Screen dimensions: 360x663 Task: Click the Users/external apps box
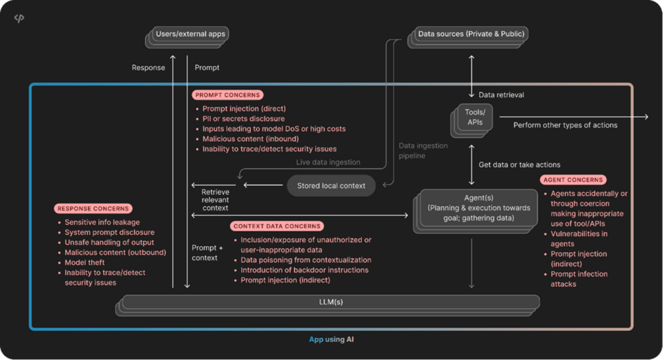[x=191, y=34]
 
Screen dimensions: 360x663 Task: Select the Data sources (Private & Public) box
[x=471, y=34]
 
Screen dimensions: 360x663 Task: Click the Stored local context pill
[x=331, y=186]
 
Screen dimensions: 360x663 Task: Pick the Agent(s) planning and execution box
[x=478, y=208]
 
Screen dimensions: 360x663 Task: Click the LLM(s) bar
[x=330, y=302]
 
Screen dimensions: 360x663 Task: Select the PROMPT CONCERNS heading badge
[x=228, y=95]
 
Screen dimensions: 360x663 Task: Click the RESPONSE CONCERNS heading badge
[x=93, y=208]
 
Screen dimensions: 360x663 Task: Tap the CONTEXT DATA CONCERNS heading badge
[x=277, y=226]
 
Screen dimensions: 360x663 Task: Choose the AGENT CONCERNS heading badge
[x=572, y=179]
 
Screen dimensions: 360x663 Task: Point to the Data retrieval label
[x=501, y=95]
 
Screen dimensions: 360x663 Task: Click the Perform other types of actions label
[x=565, y=125]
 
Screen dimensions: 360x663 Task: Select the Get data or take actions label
[x=519, y=164]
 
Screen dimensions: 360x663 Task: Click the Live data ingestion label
[x=328, y=162]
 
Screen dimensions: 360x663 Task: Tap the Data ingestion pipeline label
[x=423, y=150]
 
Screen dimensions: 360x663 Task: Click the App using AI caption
[x=331, y=339]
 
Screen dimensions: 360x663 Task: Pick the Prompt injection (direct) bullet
[x=243, y=109]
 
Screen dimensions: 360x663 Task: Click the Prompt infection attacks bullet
[x=579, y=279]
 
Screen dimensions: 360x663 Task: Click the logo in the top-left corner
[x=19, y=18]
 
